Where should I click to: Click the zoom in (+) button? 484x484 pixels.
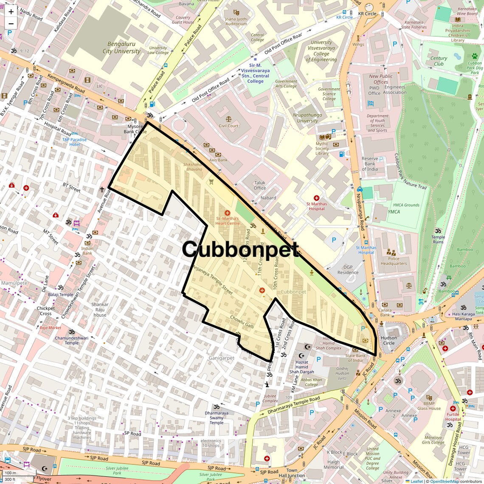pos(11,12)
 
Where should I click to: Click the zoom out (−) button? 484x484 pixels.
pos(11,23)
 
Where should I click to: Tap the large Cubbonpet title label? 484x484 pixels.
pos(240,250)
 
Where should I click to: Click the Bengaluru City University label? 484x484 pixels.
pos(121,48)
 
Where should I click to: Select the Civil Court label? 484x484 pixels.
pos(228,126)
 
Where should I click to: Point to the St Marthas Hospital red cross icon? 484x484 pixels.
pos(316,198)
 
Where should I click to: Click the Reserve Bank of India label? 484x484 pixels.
pos(370,164)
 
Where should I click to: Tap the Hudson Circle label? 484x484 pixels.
pos(388,340)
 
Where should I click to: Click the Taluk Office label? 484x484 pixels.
pos(260,185)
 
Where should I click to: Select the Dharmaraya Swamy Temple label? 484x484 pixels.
pos(217,418)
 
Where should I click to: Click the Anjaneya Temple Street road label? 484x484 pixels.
pos(213,280)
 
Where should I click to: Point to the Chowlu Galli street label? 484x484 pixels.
pos(242,321)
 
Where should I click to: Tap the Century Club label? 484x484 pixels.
pos(439,61)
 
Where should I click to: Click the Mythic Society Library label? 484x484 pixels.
pos(322,149)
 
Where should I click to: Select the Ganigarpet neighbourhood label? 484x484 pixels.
pos(221,358)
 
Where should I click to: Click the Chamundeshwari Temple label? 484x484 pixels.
pos(71,340)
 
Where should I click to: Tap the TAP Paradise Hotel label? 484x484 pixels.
pos(74,142)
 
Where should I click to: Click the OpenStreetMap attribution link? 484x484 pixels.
pos(445,481)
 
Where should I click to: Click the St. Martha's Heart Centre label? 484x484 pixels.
pos(227,221)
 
